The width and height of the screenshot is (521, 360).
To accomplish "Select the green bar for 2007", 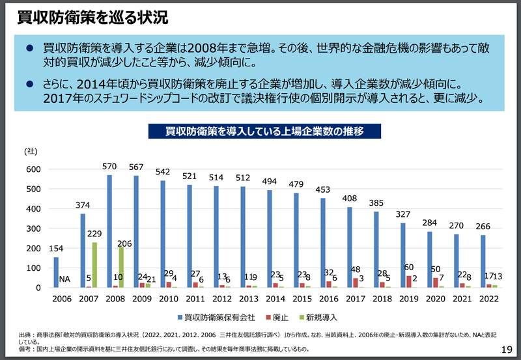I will coord(94,265).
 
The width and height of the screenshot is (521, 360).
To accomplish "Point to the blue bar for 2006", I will coord(56,272).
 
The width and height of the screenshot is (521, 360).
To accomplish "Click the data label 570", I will coord(109,166).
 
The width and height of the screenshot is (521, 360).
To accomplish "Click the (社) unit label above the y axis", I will coord(31,151).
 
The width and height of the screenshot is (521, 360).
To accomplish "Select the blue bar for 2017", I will coord(348,247).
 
